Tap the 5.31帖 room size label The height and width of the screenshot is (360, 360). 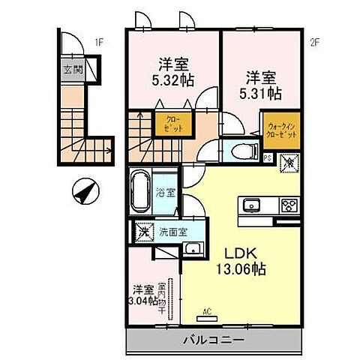262,94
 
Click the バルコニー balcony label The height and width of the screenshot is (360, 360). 213,340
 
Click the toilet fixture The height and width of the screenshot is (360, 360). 240,148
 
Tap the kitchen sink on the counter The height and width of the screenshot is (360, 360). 250,205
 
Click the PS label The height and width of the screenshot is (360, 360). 267,158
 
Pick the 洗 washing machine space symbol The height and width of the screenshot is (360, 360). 141,231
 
